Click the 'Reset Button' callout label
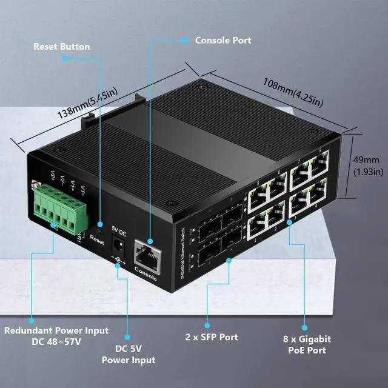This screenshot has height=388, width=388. coord(61,47)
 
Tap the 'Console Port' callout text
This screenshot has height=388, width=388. coord(222,41)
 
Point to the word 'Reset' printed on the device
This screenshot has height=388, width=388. coord(97,238)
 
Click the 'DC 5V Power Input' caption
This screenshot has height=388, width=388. coord(128,354)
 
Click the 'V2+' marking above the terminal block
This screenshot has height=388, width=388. coord(53,176)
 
